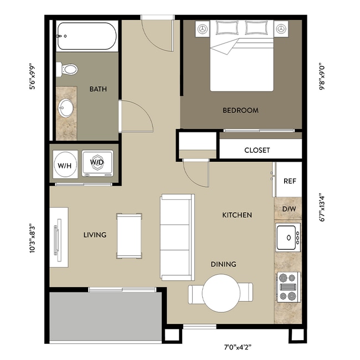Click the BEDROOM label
[240, 110]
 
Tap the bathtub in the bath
[86, 37]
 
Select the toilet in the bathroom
[68, 69]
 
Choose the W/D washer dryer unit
[97, 163]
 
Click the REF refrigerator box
[289, 181]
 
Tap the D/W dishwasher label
[289, 209]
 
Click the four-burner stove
[287, 287]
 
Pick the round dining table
[220, 292]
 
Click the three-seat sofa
[177, 237]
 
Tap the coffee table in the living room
[128, 235]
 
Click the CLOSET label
[257, 150]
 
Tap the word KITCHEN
[237, 215]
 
